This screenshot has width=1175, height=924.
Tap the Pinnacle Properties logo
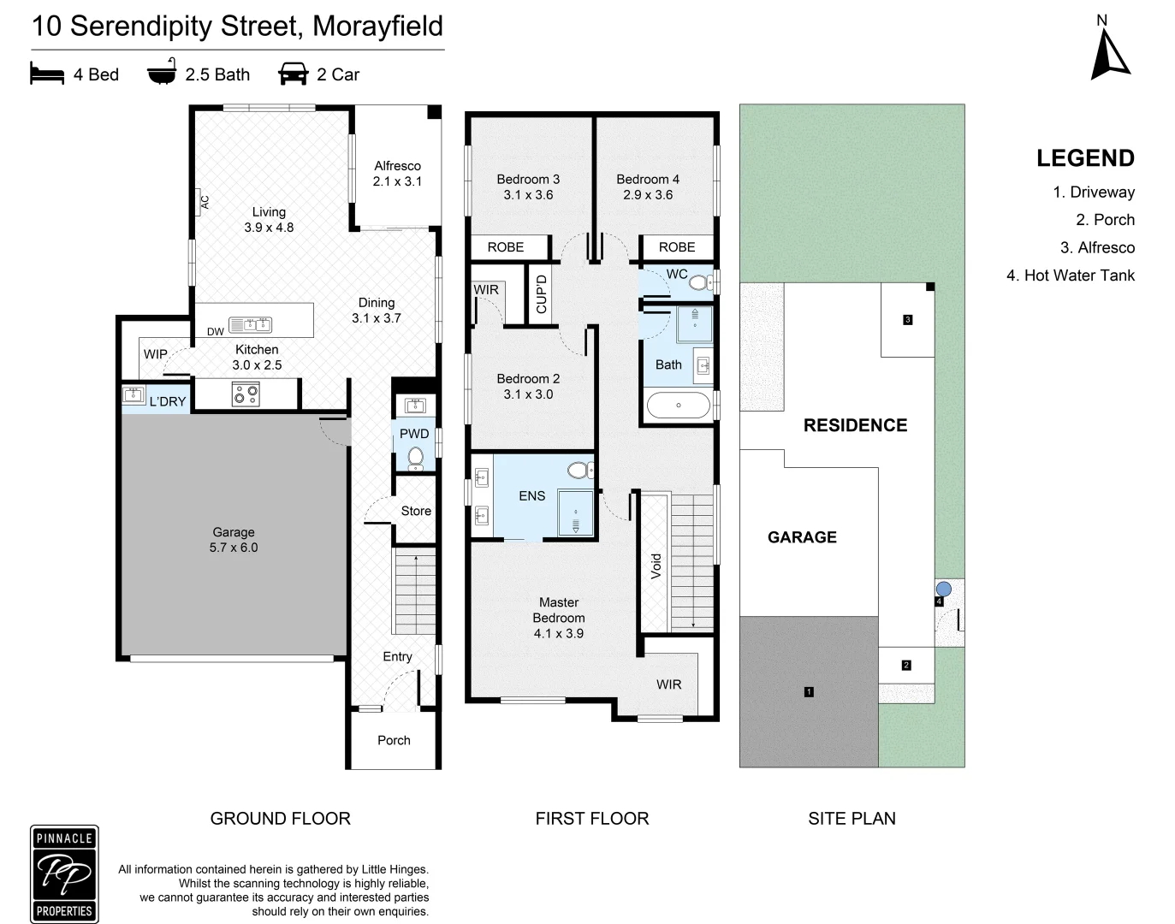pos(64,874)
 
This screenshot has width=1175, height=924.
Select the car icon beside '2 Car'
pos(293,74)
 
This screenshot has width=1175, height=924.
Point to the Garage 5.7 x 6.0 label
pos(234,540)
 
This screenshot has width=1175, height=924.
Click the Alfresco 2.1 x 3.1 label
pos(397,174)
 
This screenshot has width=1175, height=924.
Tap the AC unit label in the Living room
pos(205,203)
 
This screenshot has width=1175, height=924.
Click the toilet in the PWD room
pos(416,459)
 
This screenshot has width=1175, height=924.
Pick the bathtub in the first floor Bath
pos(678,406)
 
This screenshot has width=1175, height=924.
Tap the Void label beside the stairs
pos(656,566)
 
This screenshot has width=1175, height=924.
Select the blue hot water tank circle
pos(943,589)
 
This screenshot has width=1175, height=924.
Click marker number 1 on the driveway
pos(809,691)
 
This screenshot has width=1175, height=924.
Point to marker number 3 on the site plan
pos(907,320)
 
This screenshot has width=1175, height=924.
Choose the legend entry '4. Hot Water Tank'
pos(1071,275)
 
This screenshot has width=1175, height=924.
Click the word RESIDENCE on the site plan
pos(855,425)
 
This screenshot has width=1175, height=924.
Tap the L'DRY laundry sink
pos(134,395)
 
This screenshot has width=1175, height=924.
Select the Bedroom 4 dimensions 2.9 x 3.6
pos(648,195)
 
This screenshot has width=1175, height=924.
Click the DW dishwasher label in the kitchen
pos(215,332)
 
